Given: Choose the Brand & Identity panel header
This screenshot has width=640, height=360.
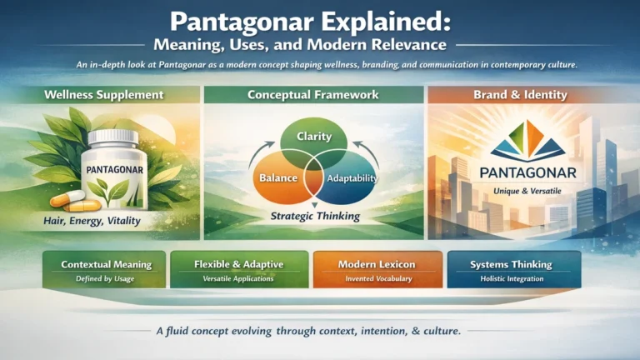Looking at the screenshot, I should (531, 95).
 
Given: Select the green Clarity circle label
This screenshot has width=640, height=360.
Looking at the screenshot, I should (313, 136).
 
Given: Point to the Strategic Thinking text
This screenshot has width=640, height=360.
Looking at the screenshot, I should (315, 217).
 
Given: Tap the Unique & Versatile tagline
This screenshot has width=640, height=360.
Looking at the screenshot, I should (531, 190).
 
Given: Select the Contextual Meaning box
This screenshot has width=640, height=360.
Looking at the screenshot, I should (107, 270).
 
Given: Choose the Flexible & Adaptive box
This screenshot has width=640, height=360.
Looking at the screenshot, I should (237, 270).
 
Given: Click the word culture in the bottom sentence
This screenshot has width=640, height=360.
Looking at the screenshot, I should (438, 331).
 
